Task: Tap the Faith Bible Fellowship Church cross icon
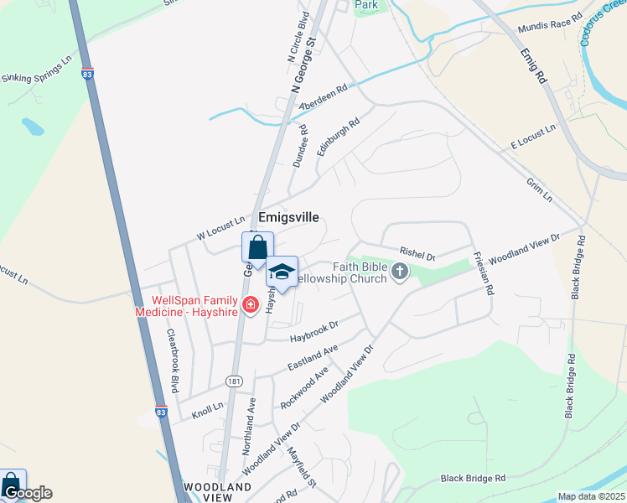[400, 271]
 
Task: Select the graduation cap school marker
[282, 272]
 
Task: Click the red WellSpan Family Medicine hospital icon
[249, 304]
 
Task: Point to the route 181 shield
[234, 381]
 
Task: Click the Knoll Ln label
[208, 409]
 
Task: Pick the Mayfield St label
[301, 467]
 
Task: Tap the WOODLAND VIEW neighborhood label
[218, 492]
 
